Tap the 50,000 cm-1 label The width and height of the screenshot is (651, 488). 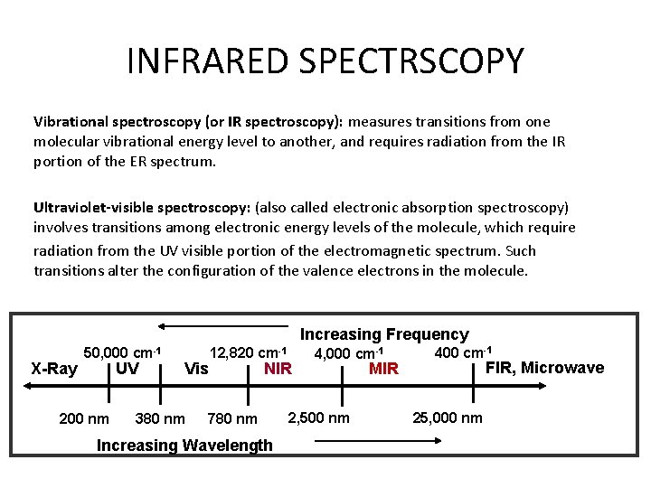(122, 352)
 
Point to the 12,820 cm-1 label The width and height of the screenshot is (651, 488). (248, 352)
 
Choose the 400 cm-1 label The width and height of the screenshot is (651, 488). (463, 352)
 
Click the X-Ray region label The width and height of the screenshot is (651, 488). (54, 369)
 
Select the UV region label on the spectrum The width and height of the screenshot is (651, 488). (127, 369)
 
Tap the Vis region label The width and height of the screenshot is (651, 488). (196, 369)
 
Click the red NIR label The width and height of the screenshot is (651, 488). (278, 369)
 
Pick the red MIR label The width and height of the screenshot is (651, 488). (383, 369)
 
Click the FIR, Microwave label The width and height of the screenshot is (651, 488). (544, 368)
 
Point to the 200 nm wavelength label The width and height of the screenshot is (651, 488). (83, 418)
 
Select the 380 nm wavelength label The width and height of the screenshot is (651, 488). (159, 418)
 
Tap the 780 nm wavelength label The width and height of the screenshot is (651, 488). (232, 418)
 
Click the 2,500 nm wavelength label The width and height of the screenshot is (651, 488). (318, 418)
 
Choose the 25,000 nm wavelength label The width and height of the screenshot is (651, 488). (447, 418)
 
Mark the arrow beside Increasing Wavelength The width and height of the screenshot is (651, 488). (376, 441)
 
